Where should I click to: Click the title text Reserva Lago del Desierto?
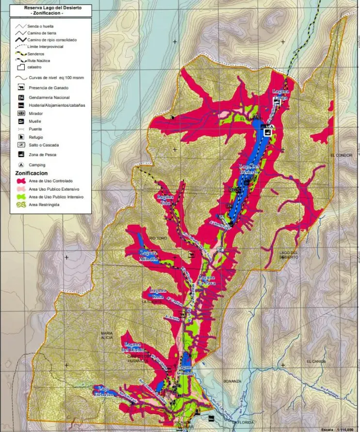[53, 8]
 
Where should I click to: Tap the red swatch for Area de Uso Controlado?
[21, 181]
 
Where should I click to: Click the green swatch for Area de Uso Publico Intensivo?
[21, 197]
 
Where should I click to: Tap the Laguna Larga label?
[280, 94]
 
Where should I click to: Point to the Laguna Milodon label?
[149, 256]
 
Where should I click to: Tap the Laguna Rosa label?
[158, 293]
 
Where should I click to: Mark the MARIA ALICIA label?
[107, 336]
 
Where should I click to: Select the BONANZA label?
[232, 381]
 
